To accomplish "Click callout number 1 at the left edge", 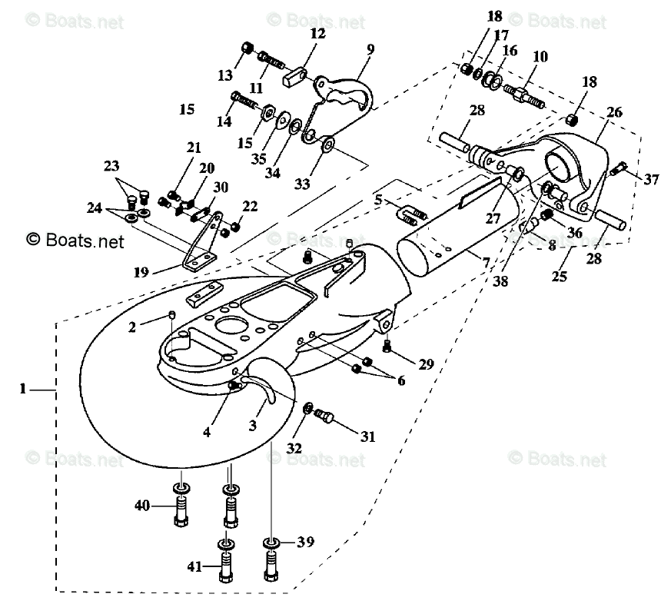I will coord(24,390).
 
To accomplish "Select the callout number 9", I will coord(370,50).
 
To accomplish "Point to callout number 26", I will coord(613,113).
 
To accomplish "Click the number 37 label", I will coord(651,180).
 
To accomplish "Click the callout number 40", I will coord(142,505).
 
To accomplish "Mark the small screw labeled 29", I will coord(387,347).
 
